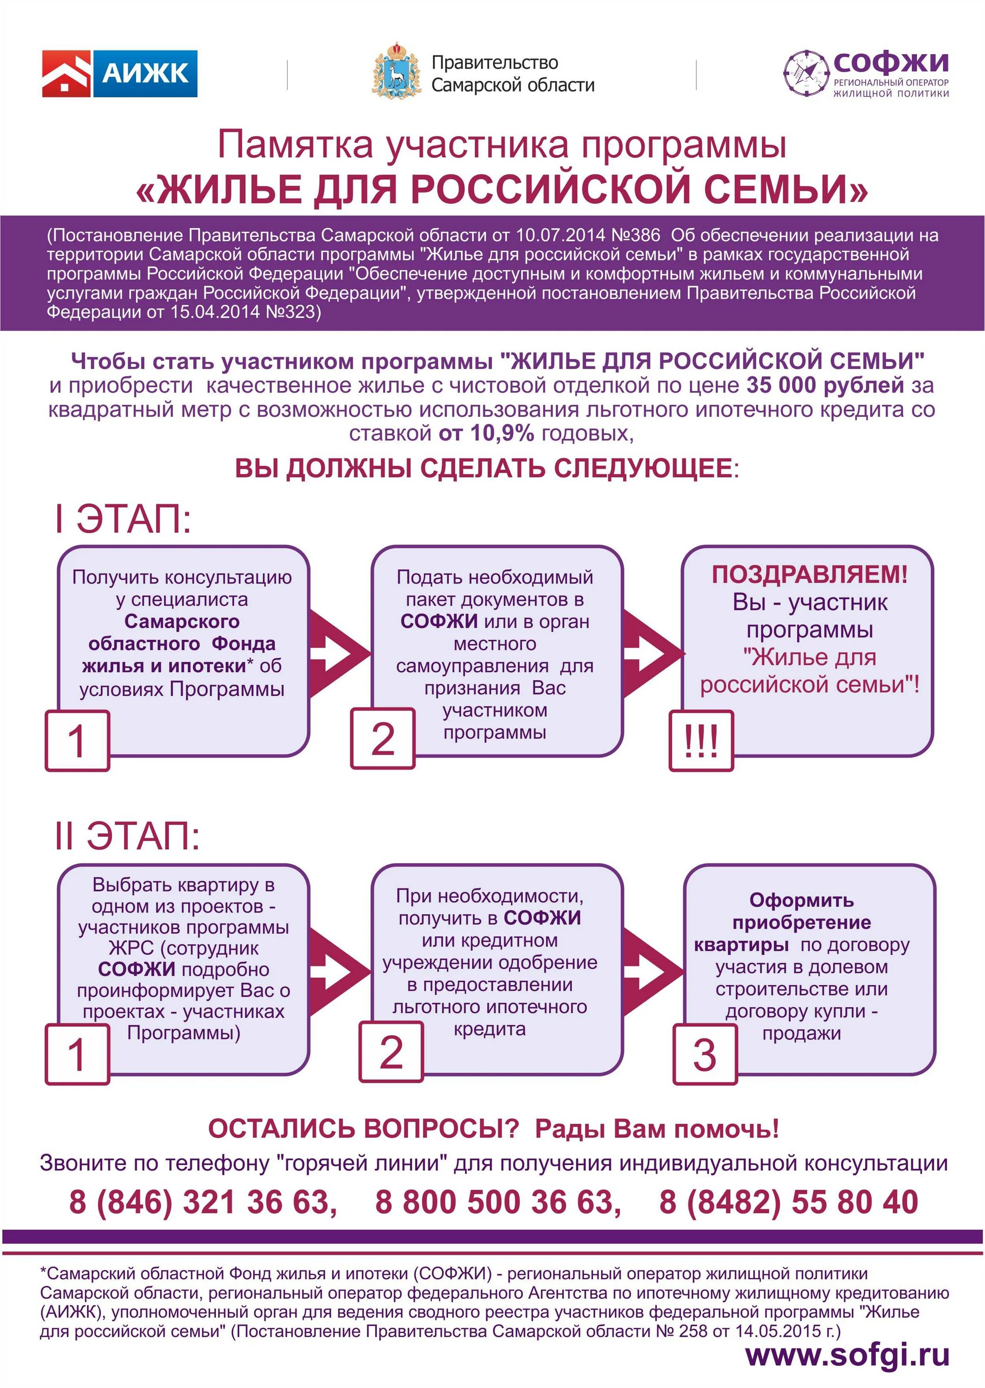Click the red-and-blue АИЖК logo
click(119, 74)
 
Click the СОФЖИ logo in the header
click(866, 74)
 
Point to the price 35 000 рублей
click(825, 386)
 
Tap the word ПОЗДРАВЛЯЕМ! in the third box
click(810, 574)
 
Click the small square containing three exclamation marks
click(701, 740)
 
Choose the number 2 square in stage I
click(383, 738)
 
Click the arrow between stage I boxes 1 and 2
click(340, 653)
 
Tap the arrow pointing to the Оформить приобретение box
click(653, 970)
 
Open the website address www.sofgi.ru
click(847, 1355)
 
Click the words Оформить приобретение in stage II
click(801, 911)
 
